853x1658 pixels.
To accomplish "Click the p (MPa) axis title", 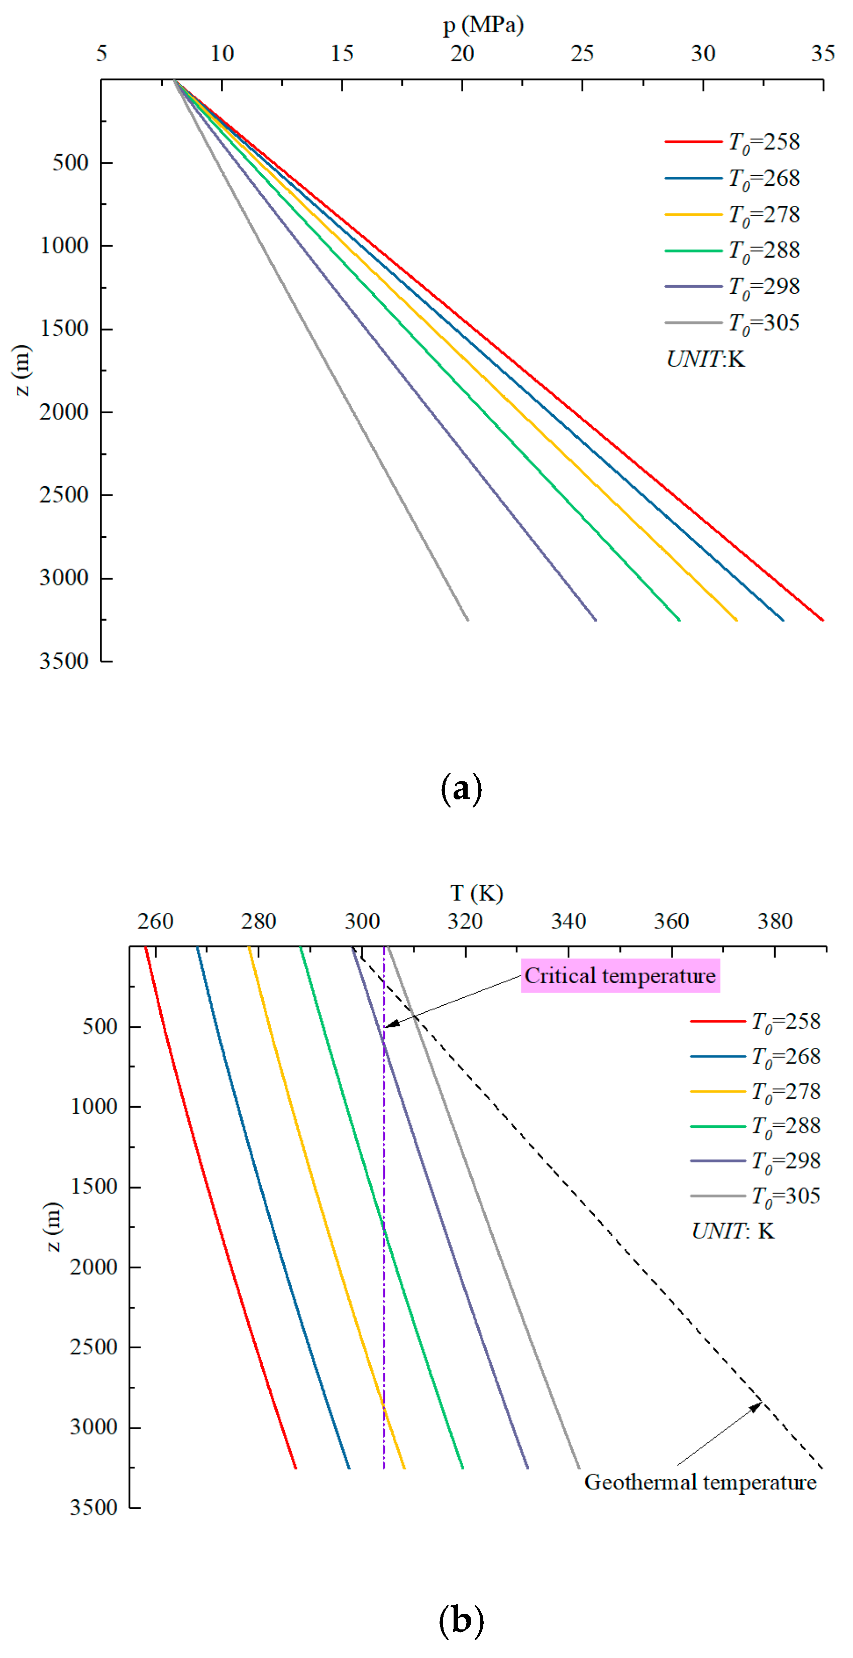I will click(483, 25).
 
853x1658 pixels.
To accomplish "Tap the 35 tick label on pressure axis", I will click(823, 53).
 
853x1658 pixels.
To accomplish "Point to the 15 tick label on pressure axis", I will click(342, 53).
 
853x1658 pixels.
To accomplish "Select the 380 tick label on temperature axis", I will click(775, 921).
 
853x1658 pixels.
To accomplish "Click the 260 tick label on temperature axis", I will click(155, 921).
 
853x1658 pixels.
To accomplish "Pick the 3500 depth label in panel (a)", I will click(64, 660).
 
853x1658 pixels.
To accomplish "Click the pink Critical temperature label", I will click(619, 976).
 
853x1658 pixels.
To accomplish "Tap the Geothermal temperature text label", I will click(700, 1482).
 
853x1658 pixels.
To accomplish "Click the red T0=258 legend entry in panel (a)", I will click(732, 142).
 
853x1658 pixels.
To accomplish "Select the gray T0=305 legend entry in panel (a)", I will click(732, 322).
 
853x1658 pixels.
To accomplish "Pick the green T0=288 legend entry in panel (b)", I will click(755, 1126).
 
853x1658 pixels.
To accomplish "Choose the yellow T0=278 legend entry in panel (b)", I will click(755, 1091).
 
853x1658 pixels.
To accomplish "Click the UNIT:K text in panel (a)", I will click(706, 359).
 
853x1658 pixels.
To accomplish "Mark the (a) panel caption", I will click(461, 788).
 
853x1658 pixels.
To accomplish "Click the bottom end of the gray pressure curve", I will click(467, 619).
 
